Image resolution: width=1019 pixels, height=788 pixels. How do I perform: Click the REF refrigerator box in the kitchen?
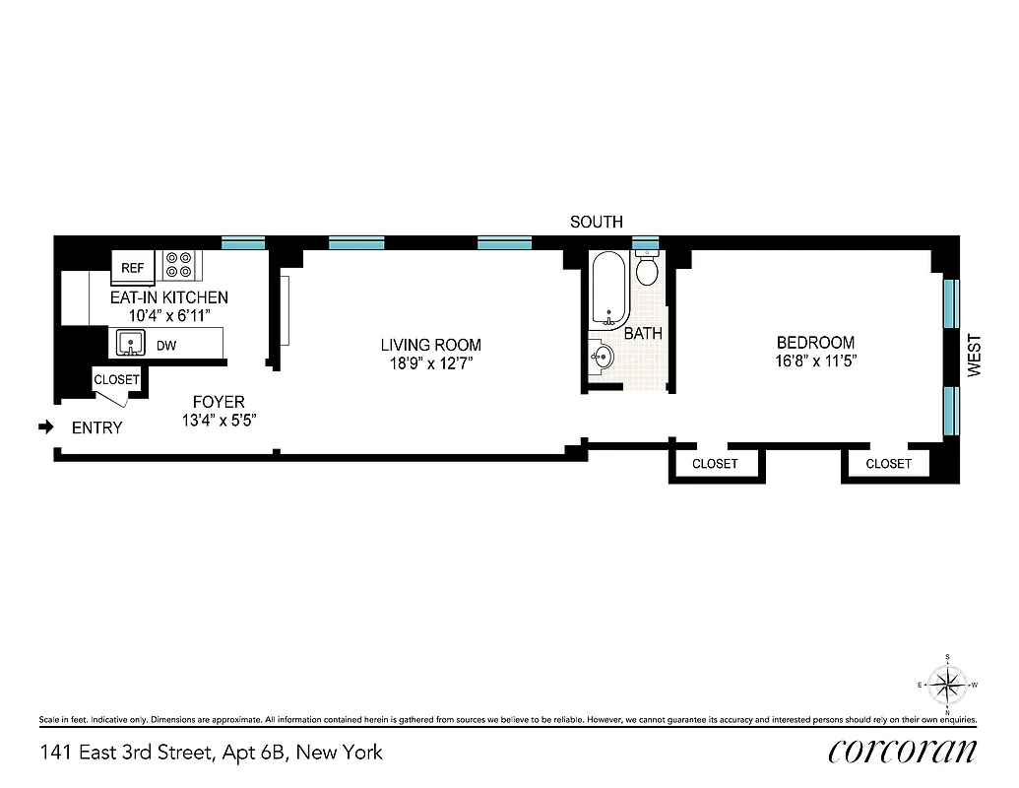tap(132, 267)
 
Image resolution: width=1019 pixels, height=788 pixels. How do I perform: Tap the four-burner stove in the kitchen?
tap(179, 264)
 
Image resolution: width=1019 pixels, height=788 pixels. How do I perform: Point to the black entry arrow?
tap(45, 427)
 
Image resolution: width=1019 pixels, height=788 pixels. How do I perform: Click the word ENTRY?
tap(97, 428)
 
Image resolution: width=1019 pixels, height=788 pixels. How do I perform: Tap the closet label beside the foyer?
tap(116, 380)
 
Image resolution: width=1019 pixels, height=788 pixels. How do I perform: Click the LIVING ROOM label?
tap(431, 345)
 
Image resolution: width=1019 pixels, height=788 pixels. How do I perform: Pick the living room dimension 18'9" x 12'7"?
tap(431, 363)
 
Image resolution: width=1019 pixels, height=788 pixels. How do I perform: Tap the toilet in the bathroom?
tap(647, 269)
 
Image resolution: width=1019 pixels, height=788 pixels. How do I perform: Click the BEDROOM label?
tap(815, 343)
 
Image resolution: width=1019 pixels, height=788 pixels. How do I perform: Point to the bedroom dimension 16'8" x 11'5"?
tap(815, 361)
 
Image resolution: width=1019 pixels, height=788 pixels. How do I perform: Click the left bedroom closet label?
tap(715, 464)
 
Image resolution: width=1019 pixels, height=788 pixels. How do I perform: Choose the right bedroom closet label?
tap(888, 464)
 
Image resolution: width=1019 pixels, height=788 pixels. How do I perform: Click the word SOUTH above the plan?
tap(596, 223)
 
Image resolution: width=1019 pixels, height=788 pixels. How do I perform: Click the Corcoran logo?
tap(903, 751)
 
